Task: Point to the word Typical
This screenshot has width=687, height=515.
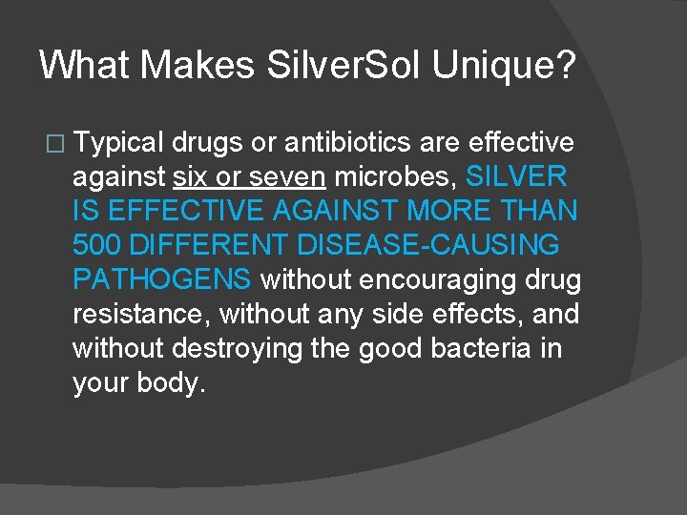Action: [x=118, y=144]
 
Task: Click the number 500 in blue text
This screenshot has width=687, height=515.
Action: [x=97, y=246]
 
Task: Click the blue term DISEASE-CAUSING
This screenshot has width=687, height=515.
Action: [x=428, y=246]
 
